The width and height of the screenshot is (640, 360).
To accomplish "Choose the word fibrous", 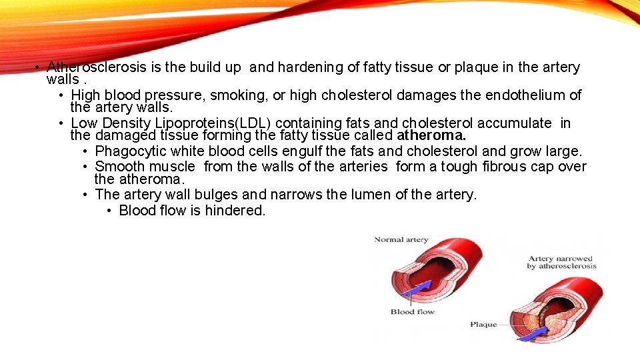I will pos(505,167).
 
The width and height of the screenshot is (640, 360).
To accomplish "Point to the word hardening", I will pos(308,67).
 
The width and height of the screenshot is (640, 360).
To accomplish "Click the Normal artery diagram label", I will pos(401,240).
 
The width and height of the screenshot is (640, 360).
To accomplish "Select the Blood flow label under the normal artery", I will pos(412,311).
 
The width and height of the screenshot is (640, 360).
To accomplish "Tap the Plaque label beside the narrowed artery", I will pos(483,325).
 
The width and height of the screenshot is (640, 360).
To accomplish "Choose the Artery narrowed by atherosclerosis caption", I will pos(561,262).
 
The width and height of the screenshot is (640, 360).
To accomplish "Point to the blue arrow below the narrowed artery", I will pos(531,335).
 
